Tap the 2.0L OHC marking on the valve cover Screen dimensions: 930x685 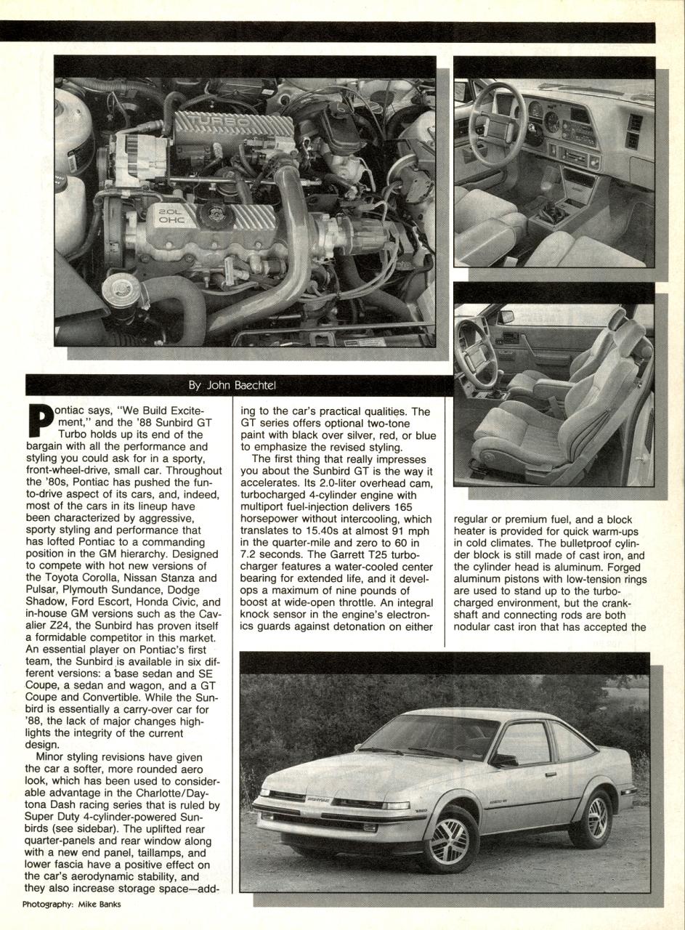tap(172, 215)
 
